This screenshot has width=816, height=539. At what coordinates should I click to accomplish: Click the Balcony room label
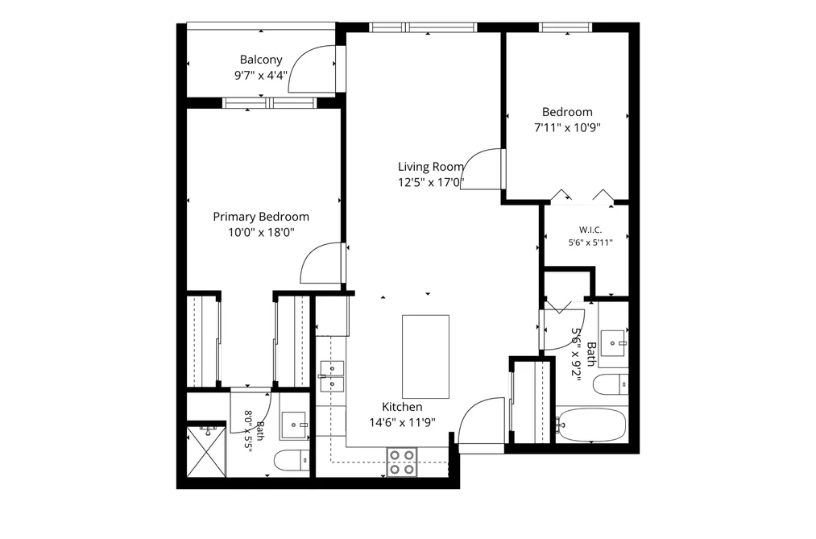click(x=261, y=60)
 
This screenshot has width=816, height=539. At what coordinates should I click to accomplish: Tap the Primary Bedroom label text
click(x=261, y=217)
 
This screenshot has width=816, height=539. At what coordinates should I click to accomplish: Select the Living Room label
click(x=431, y=167)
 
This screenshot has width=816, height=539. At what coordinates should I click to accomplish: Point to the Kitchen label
click(x=402, y=407)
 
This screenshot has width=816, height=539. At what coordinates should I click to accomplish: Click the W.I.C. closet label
click(x=590, y=230)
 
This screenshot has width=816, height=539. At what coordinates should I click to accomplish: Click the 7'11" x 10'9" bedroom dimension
click(x=567, y=127)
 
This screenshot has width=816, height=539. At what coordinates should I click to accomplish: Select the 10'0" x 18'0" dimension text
click(x=261, y=232)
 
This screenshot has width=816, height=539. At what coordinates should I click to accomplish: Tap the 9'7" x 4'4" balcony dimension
click(x=261, y=76)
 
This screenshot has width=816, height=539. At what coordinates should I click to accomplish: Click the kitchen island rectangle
click(x=425, y=356)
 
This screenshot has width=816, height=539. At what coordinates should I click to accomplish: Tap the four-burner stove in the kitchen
click(x=402, y=462)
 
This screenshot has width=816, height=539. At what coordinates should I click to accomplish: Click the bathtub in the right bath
click(x=590, y=425)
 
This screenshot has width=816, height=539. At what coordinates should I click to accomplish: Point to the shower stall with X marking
click(x=206, y=451)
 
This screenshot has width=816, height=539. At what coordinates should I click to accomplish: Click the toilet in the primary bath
click(x=292, y=460)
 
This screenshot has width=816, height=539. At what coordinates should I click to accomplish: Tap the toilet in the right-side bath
click(x=611, y=384)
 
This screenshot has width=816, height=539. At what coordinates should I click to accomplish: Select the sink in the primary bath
click(x=295, y=425)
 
